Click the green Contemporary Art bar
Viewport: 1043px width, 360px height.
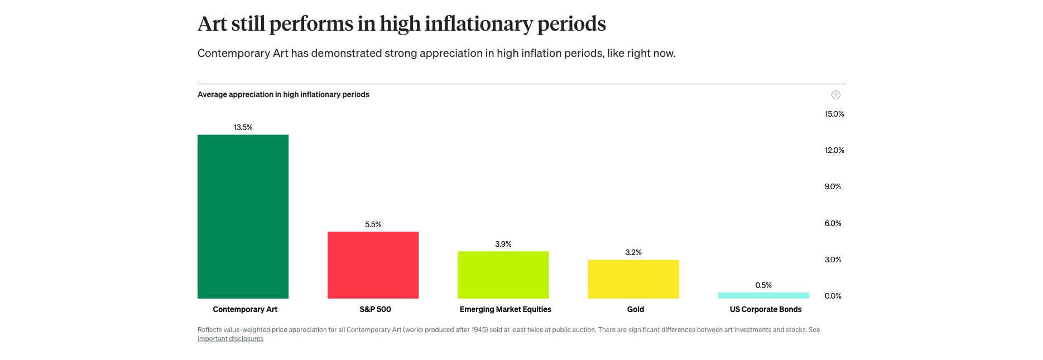(x=243, y=217)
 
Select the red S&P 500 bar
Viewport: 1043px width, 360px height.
(x=373, y=265)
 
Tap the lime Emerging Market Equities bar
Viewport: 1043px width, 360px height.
(x=503, y=275)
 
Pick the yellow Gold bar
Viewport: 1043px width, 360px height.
(x=633, y=279)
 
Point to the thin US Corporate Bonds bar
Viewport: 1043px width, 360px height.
(x=763, y=295)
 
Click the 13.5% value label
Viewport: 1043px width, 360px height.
(x=243, y=127)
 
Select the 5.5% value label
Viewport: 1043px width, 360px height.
(x=373, y=224)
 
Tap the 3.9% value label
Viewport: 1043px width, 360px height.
(x=503, y=244)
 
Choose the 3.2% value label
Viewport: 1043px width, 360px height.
(x=633, y=252)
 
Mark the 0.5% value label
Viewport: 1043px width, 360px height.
(x=763, y=285)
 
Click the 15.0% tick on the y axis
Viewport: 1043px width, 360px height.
(x=834, y=114)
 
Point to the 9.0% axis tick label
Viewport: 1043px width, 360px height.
(x=832, y=186)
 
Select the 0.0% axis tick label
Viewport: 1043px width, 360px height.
(x=832, y=296)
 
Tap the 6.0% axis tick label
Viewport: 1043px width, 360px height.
(x=832, y=223)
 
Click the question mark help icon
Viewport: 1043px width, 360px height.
(x=835, y=95)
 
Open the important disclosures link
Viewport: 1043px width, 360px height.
(x=230, y=339)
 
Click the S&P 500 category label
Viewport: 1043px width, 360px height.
(x=375, y=309)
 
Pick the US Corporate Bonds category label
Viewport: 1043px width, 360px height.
(x=765, y=309)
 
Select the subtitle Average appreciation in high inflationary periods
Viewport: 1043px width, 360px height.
(x=283, y=94)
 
